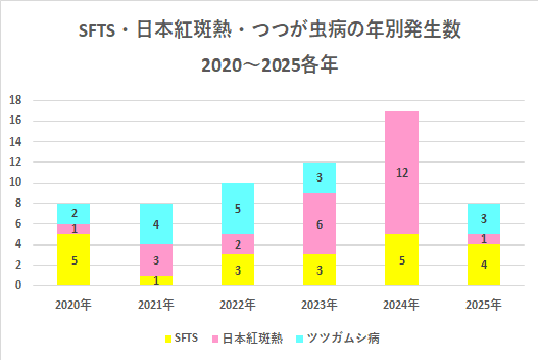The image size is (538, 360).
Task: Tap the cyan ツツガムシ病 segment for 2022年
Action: point(238,208)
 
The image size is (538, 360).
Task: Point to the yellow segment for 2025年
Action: point(483,264)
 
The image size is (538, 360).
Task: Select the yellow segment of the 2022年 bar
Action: point(238,269)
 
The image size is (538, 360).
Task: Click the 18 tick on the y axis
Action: point(15,100)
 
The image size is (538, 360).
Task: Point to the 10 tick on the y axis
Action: point(15,182)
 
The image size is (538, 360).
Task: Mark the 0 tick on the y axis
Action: point(18,285)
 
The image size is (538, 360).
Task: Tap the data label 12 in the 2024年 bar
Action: point(402,172)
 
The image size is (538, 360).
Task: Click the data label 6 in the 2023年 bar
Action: point(320,224)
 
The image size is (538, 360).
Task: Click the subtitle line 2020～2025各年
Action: point(268,68)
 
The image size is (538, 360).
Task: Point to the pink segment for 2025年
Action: point(483,238)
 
